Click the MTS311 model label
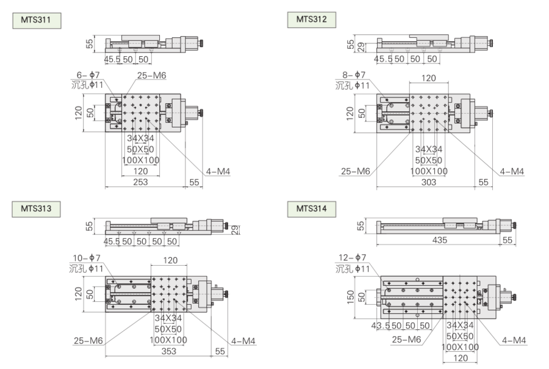pos(37,20)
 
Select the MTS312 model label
pos(312,20)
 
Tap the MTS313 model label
pos(36,209)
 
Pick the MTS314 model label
pos(312,209)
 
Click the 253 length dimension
pos(140,182)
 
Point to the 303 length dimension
pos(429,182)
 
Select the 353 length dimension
pos(168,351)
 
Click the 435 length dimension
pos(439,240)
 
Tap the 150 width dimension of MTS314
pos(350,297)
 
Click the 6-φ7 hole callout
pos(88,75)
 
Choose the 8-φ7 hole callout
pos(354,75)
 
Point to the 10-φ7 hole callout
pos(87,258)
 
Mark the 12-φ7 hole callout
pos(352,257)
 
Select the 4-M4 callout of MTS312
pos(512,171)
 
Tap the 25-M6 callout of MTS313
pos(88,340)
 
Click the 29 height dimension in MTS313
pos(235,230)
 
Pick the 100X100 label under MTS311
pos(140,160)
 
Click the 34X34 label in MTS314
pos(460,325)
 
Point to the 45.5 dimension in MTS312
pos(384,59)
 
